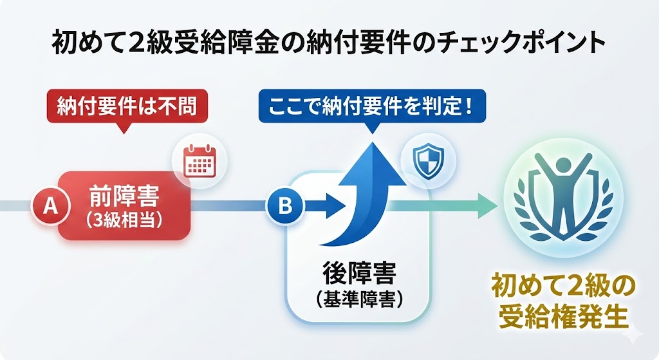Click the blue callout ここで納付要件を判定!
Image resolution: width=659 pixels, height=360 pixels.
coord(371,105)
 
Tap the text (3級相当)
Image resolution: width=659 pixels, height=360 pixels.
coord(125,219)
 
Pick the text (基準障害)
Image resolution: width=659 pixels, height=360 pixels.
coord(359,299)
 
